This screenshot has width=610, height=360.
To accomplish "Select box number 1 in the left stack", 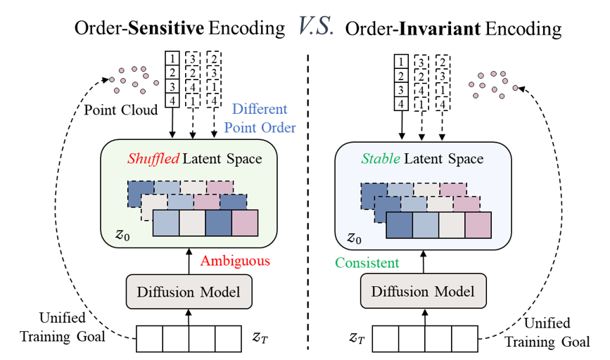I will tap(172, 58).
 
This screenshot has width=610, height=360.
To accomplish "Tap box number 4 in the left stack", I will tap(172, 100).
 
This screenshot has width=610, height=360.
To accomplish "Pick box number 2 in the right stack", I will tap(401, 76).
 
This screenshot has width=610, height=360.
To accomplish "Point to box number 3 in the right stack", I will tap(401, 90).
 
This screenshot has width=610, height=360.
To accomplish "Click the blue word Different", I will tap(260, 109).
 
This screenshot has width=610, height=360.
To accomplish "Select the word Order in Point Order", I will tap(279, 127).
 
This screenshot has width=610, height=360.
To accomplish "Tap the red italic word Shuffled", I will tap(153, 159).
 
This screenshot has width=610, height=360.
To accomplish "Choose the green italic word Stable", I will tap(381, 159).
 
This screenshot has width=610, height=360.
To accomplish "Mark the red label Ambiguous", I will tap(235, 261).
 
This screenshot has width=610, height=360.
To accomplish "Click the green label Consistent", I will tap(367, 263).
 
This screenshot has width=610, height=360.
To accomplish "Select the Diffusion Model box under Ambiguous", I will tap(189, 291).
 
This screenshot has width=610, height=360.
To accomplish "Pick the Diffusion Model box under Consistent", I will tap(423, 291).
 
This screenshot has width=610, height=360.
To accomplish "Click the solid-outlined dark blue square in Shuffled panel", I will tap(218, 223).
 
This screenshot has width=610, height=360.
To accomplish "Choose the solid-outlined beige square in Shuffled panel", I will tap(191, 223).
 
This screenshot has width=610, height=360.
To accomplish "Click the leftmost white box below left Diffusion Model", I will tap(150, 339).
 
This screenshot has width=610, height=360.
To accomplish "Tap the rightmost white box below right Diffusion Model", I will tap(464, 339).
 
